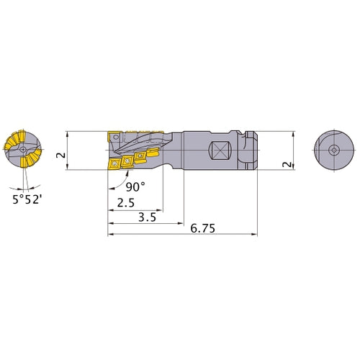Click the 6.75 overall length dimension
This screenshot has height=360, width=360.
pos(202,228)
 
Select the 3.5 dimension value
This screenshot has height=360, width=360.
pos(147,217)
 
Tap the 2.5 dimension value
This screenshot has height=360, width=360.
pos(126,203)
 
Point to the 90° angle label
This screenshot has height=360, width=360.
pos(135,187)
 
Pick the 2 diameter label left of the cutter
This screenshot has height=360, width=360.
pos(60,155)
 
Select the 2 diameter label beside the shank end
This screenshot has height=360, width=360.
pos(287,164)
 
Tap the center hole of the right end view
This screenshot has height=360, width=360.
pos(334,150)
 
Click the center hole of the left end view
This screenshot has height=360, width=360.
pos(23,150)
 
